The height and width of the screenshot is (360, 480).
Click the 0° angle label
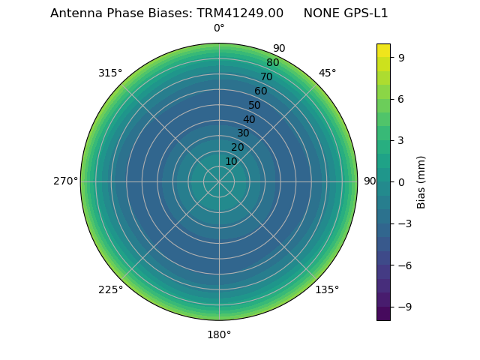(219, 28)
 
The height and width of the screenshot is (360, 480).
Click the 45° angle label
(327, 73)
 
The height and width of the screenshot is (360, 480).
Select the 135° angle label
(327, 289)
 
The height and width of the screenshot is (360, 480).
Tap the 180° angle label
(219, 334)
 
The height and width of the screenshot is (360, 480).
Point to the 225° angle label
(110, 289)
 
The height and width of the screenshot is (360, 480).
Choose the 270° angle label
(65, 181)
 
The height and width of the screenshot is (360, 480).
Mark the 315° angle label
(110, 73)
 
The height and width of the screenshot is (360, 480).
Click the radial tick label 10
(231, 161)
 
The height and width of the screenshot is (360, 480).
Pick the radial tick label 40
(249, 119)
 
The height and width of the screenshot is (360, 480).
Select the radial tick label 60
(261, 91)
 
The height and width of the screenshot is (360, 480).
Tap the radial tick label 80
(273, 63)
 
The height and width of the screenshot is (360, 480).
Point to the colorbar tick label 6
(402, 98)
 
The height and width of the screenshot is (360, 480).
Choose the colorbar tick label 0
(402, 181)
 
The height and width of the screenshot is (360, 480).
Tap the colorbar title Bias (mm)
(421, 181)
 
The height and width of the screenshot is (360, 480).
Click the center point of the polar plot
(219, 181)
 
